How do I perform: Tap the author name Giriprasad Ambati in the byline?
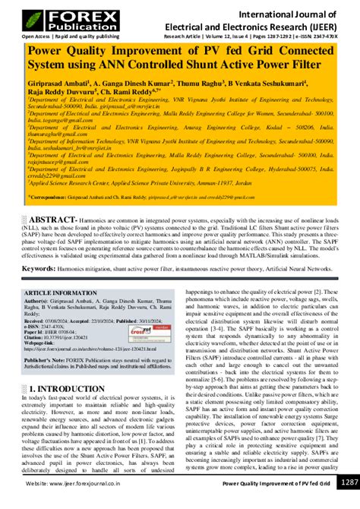coord(58,81)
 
